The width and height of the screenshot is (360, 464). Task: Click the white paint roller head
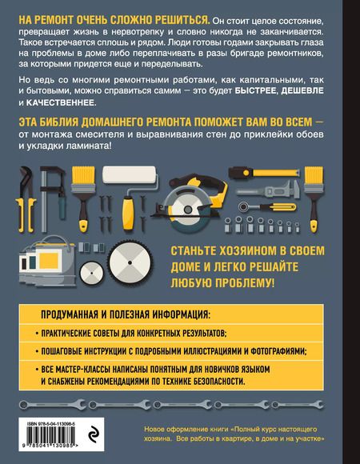coord(129,174)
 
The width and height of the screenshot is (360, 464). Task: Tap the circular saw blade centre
coord(188,210)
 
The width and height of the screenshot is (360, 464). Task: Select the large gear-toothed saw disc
coord(130,262)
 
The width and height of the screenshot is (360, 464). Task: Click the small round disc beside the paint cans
coord(92,273)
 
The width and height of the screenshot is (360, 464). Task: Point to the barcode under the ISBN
coord(50,439)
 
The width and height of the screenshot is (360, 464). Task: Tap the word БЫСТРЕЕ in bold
coord(256,91)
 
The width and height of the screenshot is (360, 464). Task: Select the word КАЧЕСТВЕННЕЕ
coord(60,103)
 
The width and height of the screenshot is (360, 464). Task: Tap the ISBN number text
coord(51,424)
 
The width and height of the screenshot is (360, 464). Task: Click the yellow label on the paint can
coord(49,261)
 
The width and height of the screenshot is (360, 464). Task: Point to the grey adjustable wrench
coord(268,190)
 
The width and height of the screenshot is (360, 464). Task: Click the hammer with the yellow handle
coord(264,173)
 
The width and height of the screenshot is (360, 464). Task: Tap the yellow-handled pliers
coord(26,199)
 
